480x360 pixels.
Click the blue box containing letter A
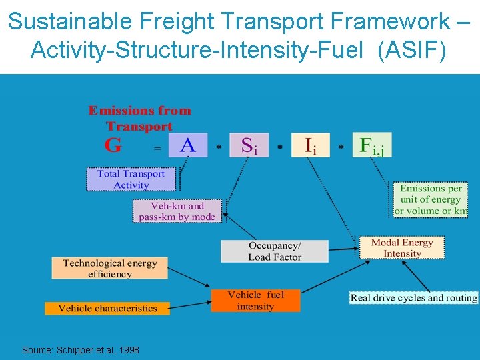point(187,145)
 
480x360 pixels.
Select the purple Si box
point(249,145)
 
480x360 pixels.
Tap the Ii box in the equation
point(311,145)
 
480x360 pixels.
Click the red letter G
point(113,145)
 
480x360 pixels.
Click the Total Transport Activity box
point(131,179)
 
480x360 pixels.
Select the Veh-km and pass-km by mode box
point(177,211)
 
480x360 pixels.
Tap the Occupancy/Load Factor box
point(275,251)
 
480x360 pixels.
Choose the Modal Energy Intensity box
point(402,247)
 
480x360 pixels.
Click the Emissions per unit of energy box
point(430,199)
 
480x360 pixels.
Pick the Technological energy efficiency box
point(110,268)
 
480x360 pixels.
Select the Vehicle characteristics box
point(107,308)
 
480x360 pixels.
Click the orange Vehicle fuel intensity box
point(255,301)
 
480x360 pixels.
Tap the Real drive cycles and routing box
point(413,298)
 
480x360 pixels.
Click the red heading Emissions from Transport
point(139,118)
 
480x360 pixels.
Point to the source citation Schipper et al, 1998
point(81,349)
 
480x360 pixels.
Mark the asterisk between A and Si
point(219,147)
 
